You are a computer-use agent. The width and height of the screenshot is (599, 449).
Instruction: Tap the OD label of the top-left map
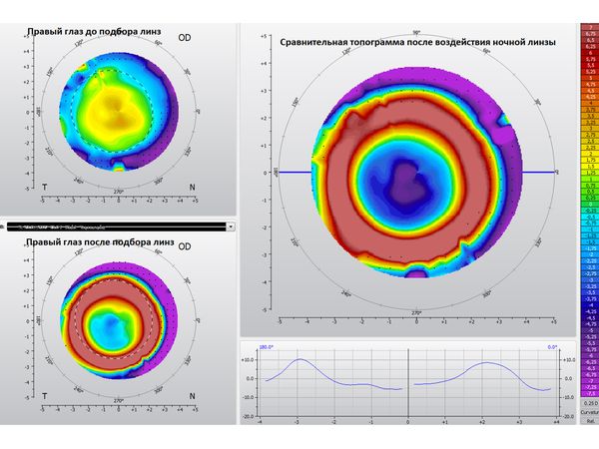(185, 37)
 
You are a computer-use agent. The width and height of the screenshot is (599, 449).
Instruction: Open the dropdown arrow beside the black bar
(231, 226)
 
